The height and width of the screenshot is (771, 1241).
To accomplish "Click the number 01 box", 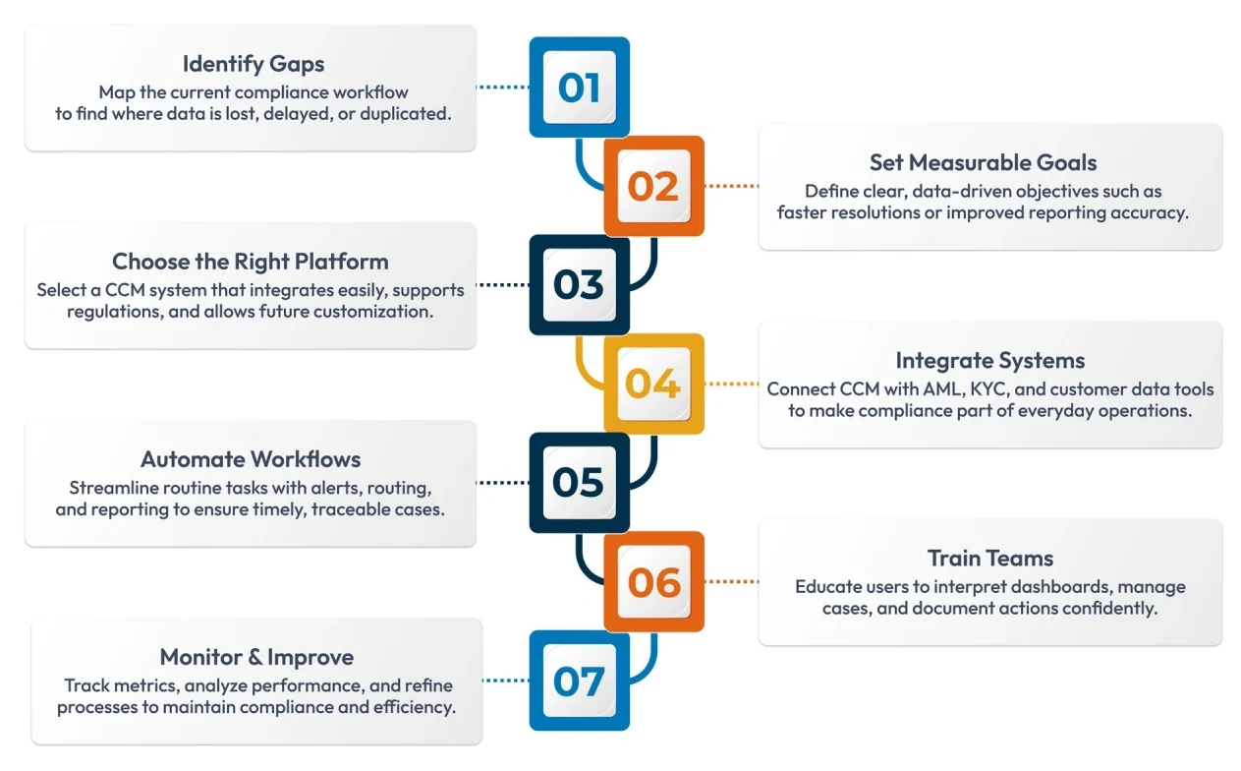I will coord(579,87).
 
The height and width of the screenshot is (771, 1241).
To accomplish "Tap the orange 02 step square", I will coord(653,186).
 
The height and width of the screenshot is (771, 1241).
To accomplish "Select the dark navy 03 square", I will coord(579,285).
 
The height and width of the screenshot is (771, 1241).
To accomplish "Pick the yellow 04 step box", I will coord(653,384).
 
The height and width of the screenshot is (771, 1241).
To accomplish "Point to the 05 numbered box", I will coord(579,483).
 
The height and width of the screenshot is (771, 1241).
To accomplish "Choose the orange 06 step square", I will coord(653,582).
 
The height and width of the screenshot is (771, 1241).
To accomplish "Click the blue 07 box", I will coord(579,681).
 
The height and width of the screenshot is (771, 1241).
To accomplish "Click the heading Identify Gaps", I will coord(254,64).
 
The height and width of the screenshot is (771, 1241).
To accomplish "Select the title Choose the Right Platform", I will coord(251,262).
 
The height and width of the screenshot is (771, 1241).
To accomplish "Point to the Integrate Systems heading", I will coord(989,361).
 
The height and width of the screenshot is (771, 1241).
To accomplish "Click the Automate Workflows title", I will coord(251,459).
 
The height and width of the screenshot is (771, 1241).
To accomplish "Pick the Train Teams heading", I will coord(989,559).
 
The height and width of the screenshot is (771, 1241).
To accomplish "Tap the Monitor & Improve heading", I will coord(256,657).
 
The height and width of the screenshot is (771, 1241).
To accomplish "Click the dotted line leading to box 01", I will coord(503,87).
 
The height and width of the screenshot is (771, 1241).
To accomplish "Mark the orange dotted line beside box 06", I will coord(731,582).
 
